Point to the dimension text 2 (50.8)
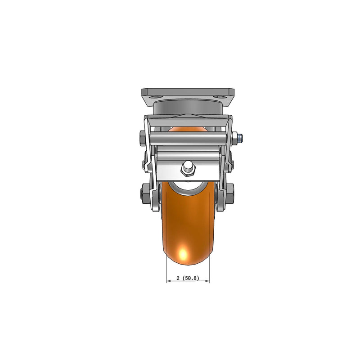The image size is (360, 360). coord(188,278)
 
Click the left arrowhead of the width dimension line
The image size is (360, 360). coord(169,282)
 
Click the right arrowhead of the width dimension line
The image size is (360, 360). coord(207,282)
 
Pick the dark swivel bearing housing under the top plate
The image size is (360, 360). coord(188,108)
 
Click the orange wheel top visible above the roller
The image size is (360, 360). coord(188,129)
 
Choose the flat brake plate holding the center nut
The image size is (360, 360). coord(188,172)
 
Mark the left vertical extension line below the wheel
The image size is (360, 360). coord(166,272)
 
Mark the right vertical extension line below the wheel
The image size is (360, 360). coord(210,272)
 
